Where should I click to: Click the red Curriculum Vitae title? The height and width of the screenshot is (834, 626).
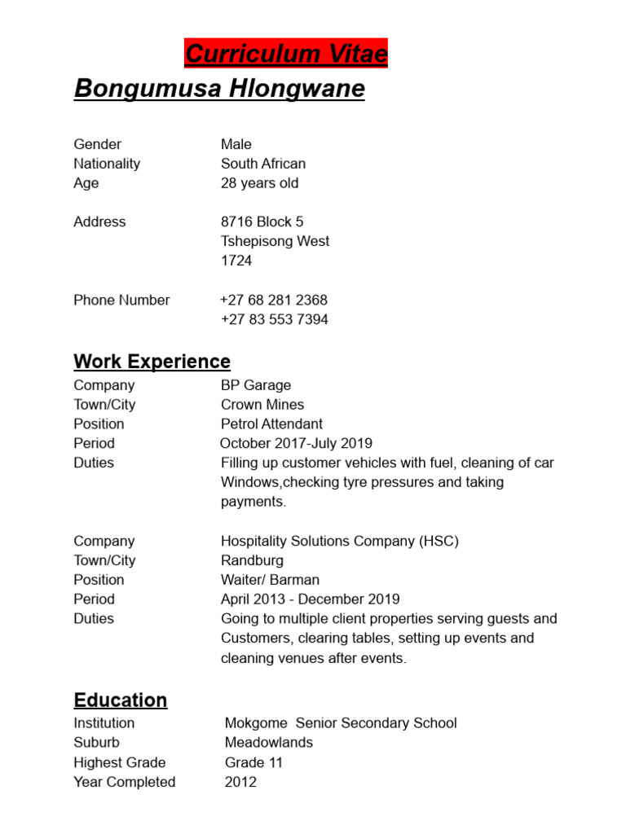click(285, 54)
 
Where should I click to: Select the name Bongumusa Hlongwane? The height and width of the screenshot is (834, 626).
click(219, 88)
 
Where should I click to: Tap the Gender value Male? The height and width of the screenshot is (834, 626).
click(236, 144)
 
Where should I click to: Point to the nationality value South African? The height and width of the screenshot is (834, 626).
click(262, 164)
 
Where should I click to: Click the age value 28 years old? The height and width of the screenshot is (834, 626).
click(259, 183)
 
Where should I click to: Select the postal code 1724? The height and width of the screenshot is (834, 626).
click(236, 261)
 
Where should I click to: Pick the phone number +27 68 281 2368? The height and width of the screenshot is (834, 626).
click(274, 300)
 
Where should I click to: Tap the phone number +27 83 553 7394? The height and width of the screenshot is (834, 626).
click(274, 319)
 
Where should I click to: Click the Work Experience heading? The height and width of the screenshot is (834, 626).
click(152, 361)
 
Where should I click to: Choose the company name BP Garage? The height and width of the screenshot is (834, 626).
click(255, 385)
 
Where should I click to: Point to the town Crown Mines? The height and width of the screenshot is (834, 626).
click(262, 405)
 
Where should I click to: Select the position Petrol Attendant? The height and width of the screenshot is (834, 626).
click(271, 424)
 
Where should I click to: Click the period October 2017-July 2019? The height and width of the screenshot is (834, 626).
click(296, 444)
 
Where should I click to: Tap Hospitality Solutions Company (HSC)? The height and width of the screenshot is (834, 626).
click(339, 541)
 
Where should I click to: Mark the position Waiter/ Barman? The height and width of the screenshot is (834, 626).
click(270, 580)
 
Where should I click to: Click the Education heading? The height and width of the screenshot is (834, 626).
click(120, 700)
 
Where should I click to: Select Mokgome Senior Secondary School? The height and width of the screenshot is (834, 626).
click(340, 723)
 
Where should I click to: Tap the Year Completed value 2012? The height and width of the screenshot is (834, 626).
click(240, 782)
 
